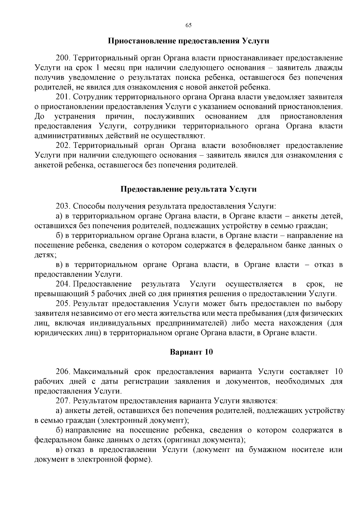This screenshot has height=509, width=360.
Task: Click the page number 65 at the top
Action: coord(188,25)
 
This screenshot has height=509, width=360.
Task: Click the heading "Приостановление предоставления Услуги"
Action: coord(188,41)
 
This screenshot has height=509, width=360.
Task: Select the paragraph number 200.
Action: coord(62,58)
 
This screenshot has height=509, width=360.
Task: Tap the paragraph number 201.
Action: coord(62,97)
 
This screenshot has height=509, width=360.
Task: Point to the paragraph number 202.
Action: coord(62,146)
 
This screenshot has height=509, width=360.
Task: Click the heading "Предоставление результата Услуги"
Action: coord(188,189)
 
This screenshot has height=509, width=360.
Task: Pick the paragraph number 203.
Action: coord(62,206)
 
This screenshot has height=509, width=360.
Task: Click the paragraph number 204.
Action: coord(62,284)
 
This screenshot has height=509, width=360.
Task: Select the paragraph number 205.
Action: coord(62,304)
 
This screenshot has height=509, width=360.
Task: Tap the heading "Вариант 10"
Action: coord(191,352)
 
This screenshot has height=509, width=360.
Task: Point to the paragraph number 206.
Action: coord(62,372)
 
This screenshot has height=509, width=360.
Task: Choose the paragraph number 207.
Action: coord(62,401)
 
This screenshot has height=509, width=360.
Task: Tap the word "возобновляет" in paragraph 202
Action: coord(256,146)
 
